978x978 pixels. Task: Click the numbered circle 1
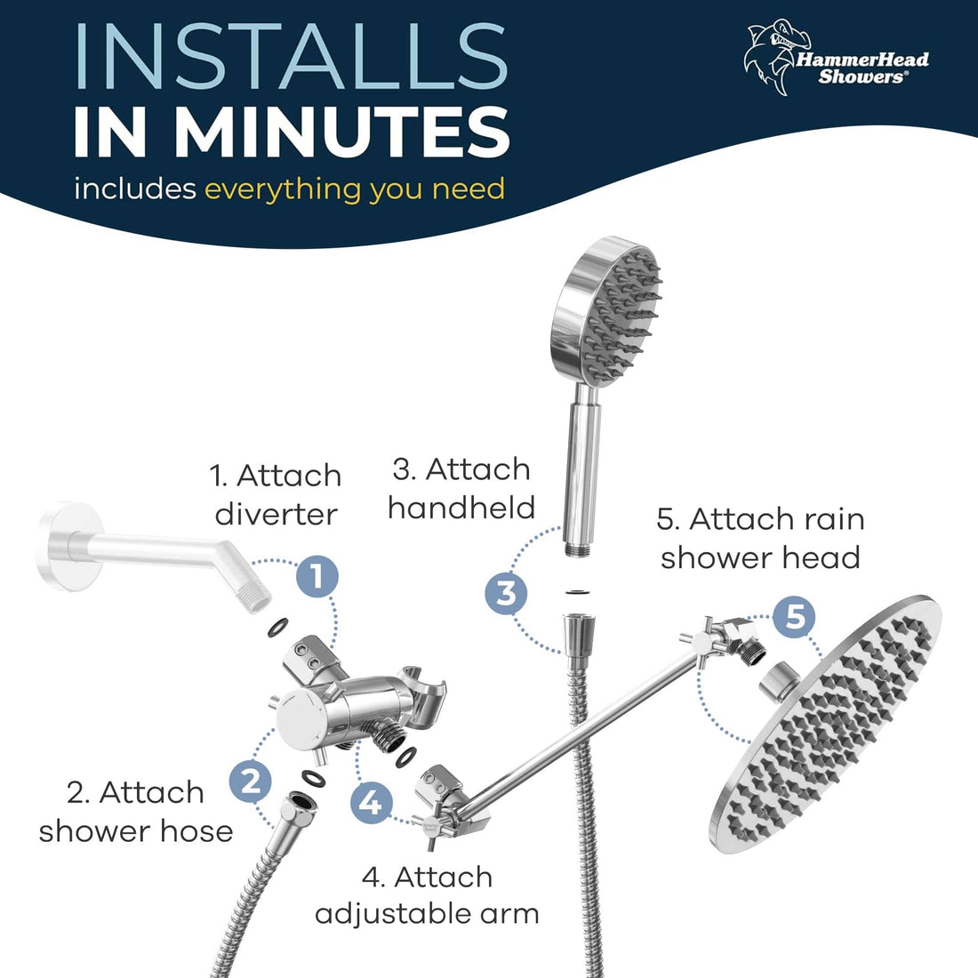317,575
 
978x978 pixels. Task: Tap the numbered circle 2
251,782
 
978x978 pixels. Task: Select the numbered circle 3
507,591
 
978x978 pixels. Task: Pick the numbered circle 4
372,803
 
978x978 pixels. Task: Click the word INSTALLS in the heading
291,58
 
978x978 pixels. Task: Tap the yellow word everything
284,189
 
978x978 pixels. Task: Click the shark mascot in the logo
771,55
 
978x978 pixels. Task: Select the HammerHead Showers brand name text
861,68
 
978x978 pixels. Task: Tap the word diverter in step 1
276,515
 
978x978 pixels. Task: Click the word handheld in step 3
461,508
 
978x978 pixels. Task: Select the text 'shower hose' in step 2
136,830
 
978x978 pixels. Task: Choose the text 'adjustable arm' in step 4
427,913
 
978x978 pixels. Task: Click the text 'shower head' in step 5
760,557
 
